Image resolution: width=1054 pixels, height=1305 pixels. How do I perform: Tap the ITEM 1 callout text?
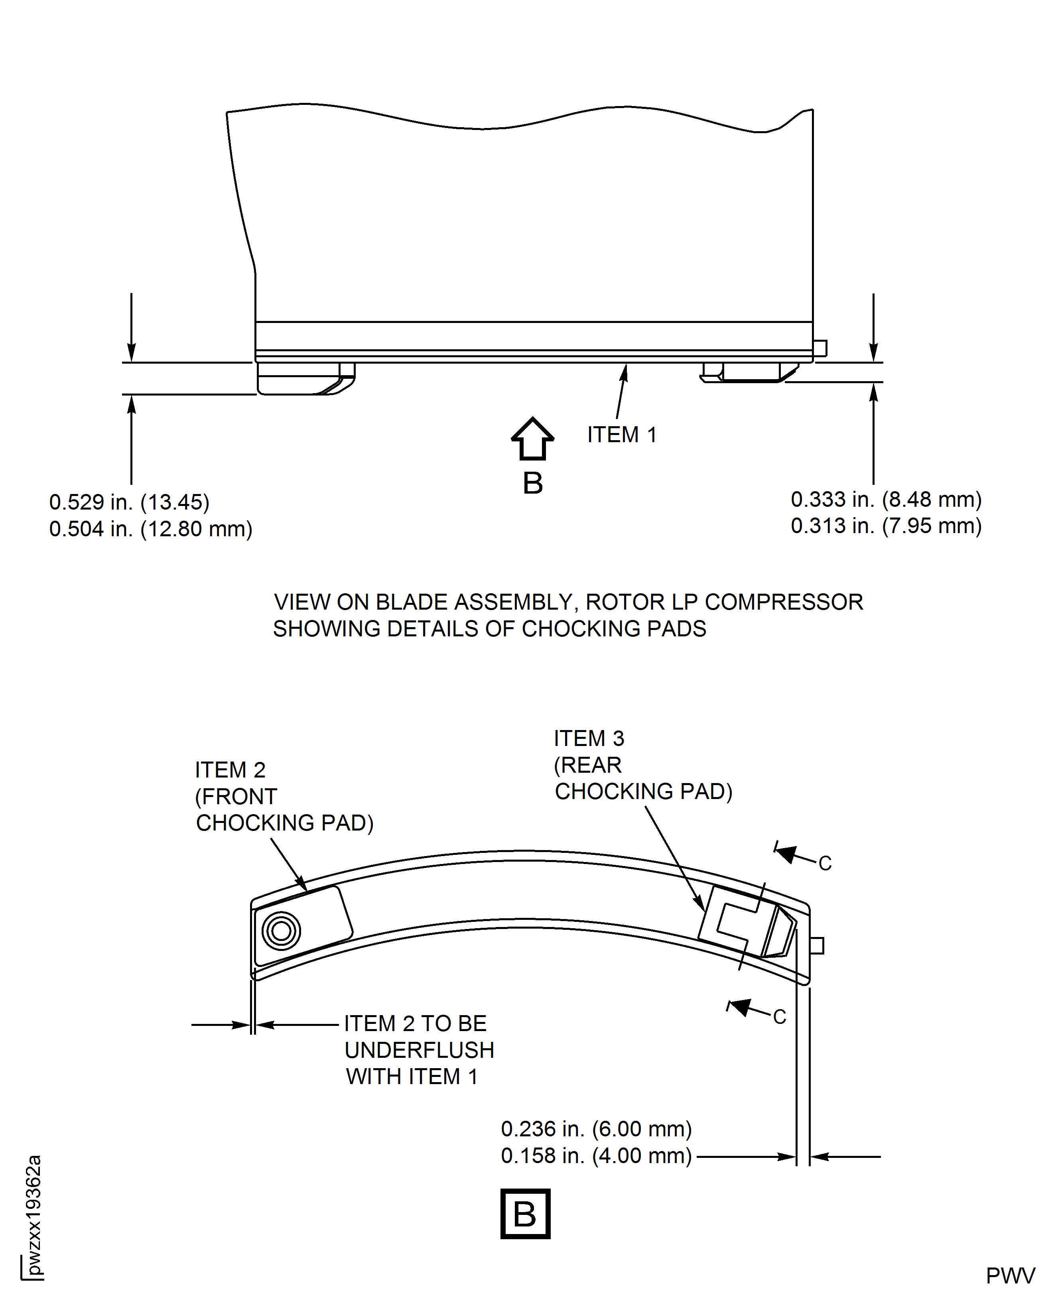click(x=622, y=435)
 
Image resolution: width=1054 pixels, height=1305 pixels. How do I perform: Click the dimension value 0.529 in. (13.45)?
click(x=129, y=502)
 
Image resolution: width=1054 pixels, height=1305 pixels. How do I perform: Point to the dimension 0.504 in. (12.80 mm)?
click(x=151, y=529)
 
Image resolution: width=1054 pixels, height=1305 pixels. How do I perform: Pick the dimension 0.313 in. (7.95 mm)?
click(x=886, y=525)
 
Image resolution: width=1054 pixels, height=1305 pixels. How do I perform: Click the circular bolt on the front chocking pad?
click(x=281, y=931)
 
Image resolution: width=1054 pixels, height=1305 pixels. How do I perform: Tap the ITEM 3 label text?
click(x=589, y=738)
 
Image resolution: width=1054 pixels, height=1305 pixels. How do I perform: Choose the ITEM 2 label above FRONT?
click(x=230, y=770)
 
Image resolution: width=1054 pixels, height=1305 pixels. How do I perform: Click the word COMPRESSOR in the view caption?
click(x=784, y=602)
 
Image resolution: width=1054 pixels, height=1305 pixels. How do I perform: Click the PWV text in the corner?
click(x=1010, y=1276)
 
